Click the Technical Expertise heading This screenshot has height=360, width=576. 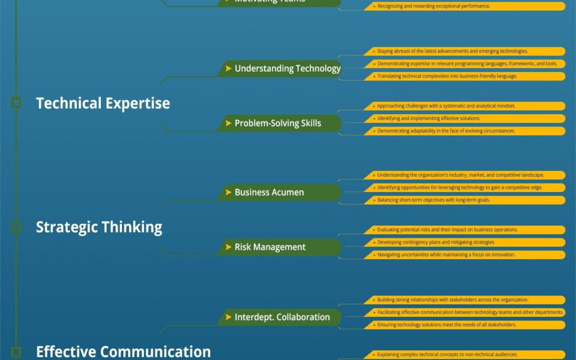pos(103,103)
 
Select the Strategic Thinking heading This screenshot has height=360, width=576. pos(99,227)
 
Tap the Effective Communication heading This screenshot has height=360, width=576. pos(123,351)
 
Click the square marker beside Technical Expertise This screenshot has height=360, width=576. pos(16,103)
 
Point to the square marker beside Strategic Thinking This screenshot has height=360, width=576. pos(16,227)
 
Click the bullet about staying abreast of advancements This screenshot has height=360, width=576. pos(464,51)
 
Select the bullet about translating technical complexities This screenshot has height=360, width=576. pos(464,76)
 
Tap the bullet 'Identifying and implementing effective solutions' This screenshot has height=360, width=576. pos(464,118)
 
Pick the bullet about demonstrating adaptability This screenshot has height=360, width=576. pos(464,131)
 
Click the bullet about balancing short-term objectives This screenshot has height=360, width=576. pos(464,200)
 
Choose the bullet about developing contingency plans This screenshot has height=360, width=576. pos(464,242)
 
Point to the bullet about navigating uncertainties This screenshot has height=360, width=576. pos(464,254)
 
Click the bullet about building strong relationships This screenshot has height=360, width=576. pos(464,300)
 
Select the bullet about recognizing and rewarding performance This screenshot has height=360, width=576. pos(464,6)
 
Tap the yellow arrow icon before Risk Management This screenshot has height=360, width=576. pos(228,247)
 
